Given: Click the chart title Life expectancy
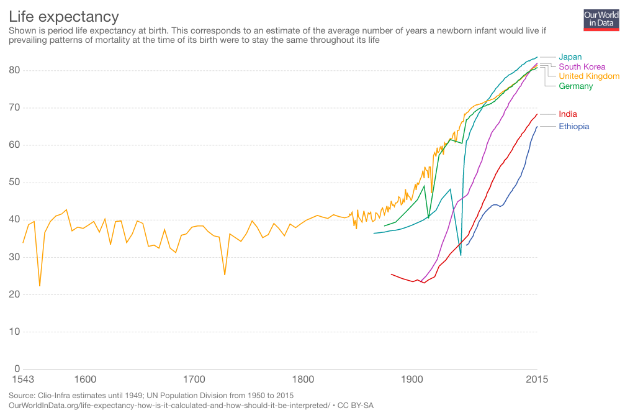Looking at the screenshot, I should click(x=64, y=16).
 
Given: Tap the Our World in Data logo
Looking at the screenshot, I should click(x=601, y=20).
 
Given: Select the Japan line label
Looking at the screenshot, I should click(x=570, y=57).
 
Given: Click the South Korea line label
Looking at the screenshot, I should click(x=582, y=66).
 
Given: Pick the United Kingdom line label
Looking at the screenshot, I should click(x=589, y=76).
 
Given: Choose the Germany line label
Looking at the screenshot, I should click(x=575, y=86).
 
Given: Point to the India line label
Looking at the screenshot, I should click(x=567, y=114).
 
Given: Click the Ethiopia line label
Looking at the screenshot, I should click(x=573, y=126).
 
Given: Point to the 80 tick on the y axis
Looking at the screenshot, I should click(x=15, y=70).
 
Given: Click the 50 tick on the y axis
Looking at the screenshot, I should click(x=15, y=182).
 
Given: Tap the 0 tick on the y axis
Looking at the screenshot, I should click(x=17, y=368).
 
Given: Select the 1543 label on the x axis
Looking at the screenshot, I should click(x=22, y=379).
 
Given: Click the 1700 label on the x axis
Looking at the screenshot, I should click(x=194, y=379).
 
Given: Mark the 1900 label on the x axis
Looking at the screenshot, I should click(x=412, y=379).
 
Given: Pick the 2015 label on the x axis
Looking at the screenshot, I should click(x=536, y=379).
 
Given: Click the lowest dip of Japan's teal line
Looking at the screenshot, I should click(x=461, y=255).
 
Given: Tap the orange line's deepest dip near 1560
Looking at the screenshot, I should click(x=40, y=286).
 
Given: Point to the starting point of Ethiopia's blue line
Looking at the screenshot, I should click(x=467, y=245).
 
